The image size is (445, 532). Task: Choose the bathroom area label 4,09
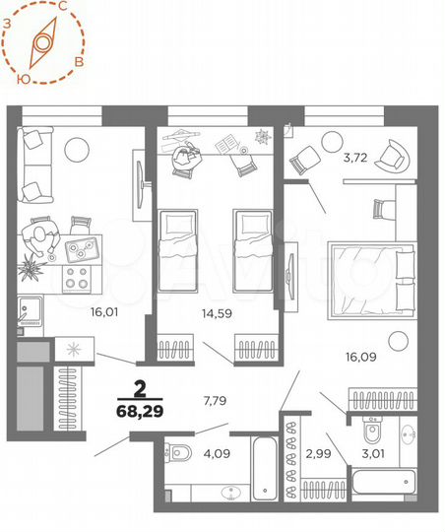218,455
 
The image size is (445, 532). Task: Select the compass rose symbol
41,43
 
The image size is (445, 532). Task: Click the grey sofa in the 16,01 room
37,166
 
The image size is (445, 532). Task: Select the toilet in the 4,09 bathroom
181,453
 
